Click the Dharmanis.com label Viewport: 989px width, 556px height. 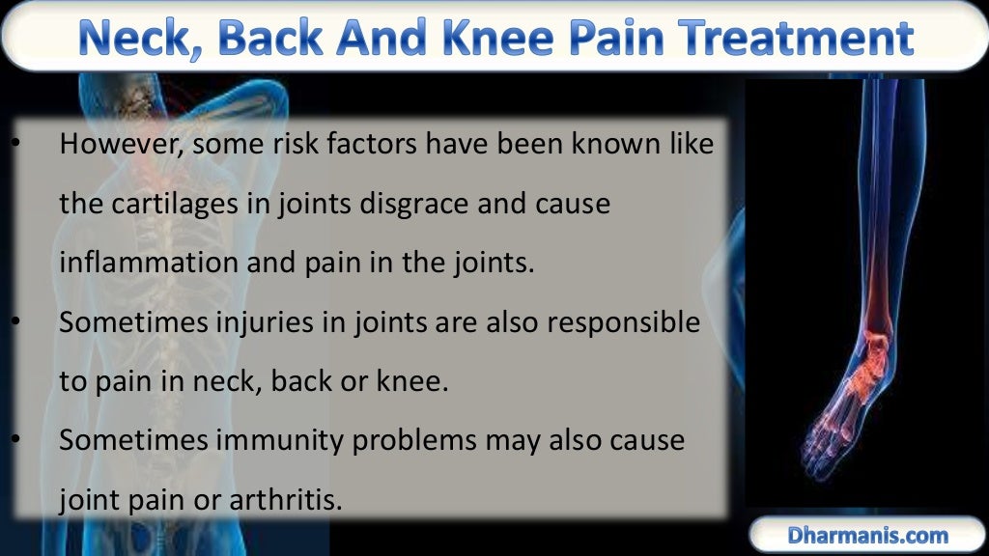867,535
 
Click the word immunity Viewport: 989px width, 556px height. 282,440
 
